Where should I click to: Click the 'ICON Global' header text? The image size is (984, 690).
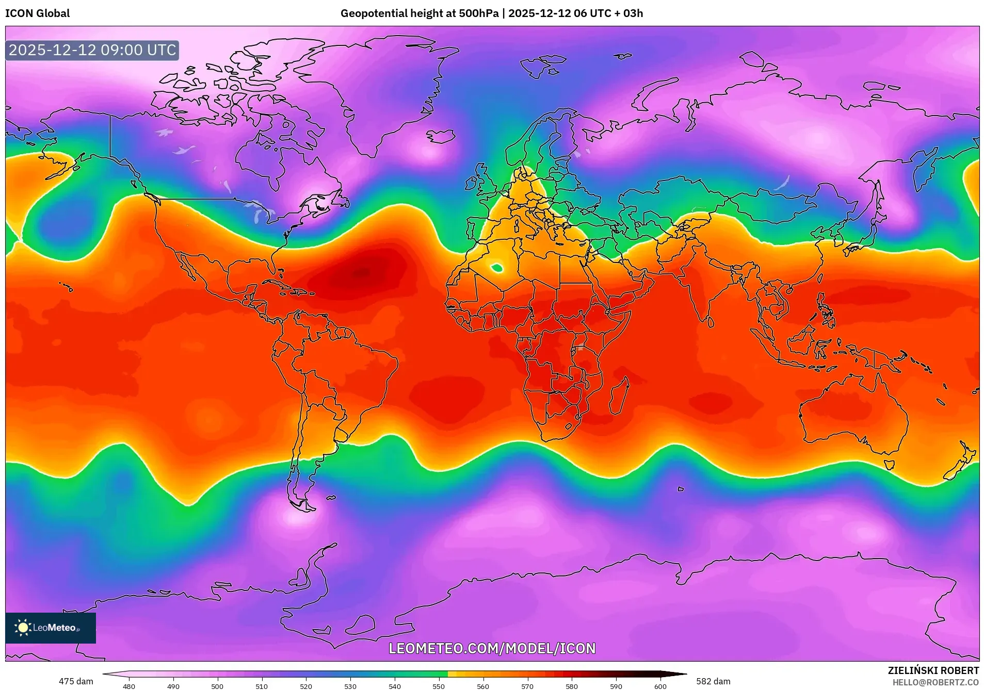click(38, 13)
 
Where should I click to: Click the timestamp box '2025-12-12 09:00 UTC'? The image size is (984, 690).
click(92, 50)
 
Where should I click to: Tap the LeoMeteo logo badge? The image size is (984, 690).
click(51, 628)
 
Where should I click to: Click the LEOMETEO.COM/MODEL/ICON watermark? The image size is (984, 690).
click(492, 648)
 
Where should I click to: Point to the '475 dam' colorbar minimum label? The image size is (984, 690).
click(76, 681)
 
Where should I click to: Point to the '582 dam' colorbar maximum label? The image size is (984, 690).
click(713, 681)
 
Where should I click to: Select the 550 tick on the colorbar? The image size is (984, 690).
click(439, 686)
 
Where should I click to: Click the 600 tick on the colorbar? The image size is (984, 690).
click(660, 686)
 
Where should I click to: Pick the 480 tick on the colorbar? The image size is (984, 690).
click(129, 686)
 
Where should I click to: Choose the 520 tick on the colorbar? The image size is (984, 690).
click(306, 686)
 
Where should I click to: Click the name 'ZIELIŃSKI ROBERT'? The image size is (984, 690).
click(933, 670)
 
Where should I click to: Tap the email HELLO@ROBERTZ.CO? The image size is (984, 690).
click(935, 682)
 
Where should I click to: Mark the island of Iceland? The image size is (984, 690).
click(440, 136)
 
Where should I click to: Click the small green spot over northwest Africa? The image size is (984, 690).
click(497, 268)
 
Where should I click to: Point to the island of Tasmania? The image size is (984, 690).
click(889, 464)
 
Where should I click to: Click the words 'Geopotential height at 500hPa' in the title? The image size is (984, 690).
click(420, 13)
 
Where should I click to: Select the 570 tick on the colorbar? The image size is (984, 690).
click(527, 686)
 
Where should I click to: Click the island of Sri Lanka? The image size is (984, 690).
click(711, 322)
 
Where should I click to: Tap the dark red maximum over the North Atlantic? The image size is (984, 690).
click(361, 272)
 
